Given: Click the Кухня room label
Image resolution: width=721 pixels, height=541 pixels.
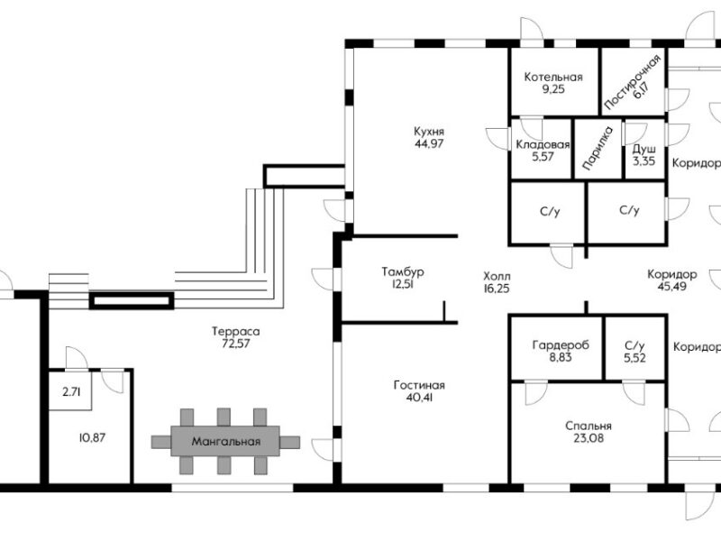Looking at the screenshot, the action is pos(429,132).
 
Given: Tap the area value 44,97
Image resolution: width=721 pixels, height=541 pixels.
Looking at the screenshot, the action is pos(429,143).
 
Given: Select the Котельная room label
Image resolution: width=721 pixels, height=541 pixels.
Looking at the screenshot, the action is pos(553,77).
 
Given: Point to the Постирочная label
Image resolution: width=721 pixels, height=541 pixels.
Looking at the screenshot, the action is pos(633,82).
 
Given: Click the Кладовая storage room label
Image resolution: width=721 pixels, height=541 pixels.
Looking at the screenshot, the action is pos(543,145).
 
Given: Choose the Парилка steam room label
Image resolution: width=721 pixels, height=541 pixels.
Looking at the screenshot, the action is pos(598,148).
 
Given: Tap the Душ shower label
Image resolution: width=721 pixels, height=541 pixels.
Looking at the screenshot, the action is pos(643,150).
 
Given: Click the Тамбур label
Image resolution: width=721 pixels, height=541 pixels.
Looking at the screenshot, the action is pos(403,272).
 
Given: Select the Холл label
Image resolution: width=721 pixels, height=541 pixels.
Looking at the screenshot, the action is pos(497,277).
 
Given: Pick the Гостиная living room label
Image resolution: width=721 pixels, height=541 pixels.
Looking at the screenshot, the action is pos(419,385).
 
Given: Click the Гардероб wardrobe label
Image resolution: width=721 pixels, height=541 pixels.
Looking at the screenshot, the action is pos(560,345).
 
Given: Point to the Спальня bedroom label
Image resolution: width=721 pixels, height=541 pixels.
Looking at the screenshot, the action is pos(589,426).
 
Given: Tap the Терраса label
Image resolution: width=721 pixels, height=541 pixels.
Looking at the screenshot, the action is pos(235,331).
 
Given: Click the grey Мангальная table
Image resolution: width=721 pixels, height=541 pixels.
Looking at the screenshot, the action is pos(225,441).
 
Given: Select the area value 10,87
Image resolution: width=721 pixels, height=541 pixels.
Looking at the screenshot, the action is pos(93,437).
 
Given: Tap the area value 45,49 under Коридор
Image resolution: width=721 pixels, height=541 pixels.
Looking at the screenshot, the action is pos(671,286).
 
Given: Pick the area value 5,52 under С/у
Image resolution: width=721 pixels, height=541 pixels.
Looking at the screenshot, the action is pos(634,357).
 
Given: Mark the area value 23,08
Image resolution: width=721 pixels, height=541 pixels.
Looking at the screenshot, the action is pos(589,438).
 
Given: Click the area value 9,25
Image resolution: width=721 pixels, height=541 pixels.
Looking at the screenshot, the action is pos(553,88).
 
